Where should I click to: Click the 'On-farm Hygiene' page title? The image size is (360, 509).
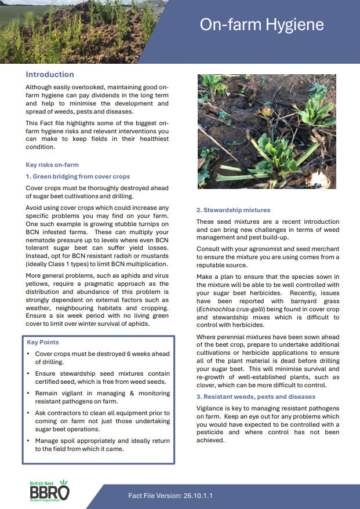(x=261, y=24)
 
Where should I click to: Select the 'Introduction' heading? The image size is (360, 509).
(x=50, y=75)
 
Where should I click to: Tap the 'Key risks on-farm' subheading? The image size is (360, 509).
(x=52, y=165)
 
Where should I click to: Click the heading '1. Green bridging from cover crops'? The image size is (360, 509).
(x=78, y=176)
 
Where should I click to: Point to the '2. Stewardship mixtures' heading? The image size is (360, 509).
(x=233, y=210)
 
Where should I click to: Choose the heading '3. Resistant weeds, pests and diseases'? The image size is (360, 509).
(x=256, y=397)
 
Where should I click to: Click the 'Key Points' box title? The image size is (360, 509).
(x=43, y=342)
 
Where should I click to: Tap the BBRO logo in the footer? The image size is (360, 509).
(x=50, y=491)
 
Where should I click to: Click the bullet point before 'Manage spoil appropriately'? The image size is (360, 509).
(x=29, y=441)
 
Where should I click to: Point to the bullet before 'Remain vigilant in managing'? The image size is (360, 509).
(x=29, y=393)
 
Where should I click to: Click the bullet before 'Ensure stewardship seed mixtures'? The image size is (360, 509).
(x=29, y=373)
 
